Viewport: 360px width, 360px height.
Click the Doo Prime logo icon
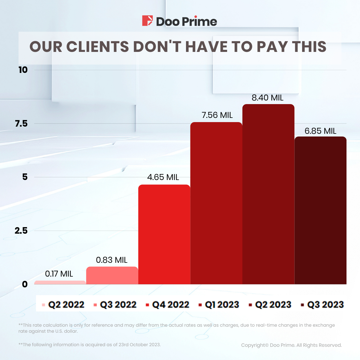click(x=147, y=21)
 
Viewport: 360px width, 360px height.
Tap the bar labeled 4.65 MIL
click(x=164, y=234)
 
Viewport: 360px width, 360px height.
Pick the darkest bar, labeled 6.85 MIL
click(x=320, y=210)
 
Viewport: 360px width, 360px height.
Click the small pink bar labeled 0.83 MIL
click(x=112, y=275)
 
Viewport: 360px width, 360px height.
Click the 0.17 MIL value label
click(x=59, y=274)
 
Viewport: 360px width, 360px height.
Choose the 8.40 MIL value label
click(x=267, y=98)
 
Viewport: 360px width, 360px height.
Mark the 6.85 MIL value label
click(x=320, y=131)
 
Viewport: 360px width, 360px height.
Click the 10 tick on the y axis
click(x=23, y=70)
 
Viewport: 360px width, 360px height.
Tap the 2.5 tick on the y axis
click(x=21, y=230)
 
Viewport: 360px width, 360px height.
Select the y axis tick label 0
click(x=25, y=284)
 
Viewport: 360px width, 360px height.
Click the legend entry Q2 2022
click(x=66, y=305)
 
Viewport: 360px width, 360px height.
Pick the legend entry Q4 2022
click(x=170, y=305)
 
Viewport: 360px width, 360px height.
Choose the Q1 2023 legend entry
click(x=222, y=305)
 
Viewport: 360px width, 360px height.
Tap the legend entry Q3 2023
click(x=325, y=305)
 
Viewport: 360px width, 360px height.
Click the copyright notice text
click(x=291, y=345)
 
